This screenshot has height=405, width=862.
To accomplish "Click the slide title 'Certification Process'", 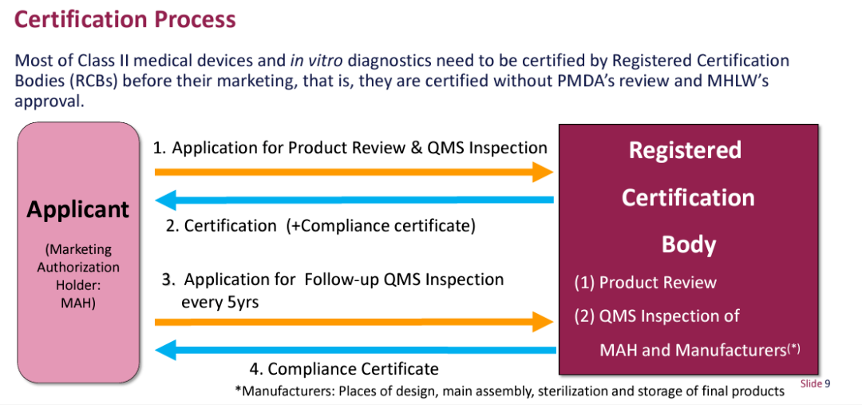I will pyautogui.click(x=125, y=19).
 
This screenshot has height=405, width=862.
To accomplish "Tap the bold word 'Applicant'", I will pyautogui.click(x=77, y=209).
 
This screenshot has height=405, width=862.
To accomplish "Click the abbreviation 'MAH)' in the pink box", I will pyautogui.click(x=77, y=303).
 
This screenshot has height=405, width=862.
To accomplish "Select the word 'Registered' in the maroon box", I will pyautogui.click(x=685, y=150).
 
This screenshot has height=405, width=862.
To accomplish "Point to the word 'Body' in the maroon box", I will pyautogui.click(x=687, y=244).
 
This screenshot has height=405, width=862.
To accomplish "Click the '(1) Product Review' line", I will pyautogui.click(x=645, y=282).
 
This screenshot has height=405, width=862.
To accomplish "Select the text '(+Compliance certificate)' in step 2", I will pyautogui.click(x=381, y=226).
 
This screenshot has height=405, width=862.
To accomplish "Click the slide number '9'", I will pyautogui.click(x=828, y=384).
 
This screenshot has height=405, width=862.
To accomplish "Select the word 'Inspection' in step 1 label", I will pyautogui.click(x=507, y=148).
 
